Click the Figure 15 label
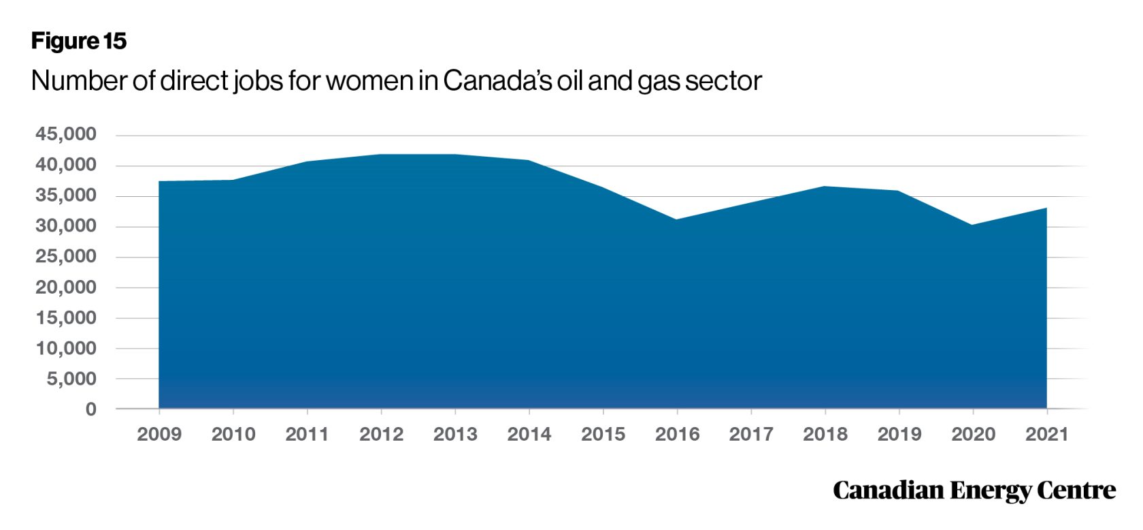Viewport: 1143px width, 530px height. point(79,41)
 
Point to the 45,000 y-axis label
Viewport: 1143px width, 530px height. point(66,134)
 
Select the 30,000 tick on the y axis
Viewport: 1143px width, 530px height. point(66,226)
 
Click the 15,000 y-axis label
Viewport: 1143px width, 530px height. point(66,317)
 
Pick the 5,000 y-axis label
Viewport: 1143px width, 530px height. point(71,379)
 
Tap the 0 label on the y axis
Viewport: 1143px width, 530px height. point(91,409)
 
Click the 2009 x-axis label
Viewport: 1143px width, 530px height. point(159,434)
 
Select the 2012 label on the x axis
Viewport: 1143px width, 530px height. point(381,434)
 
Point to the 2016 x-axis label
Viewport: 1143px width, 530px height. point(677,434)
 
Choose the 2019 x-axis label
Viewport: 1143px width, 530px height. point(899,434)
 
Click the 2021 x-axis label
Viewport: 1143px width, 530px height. point(1046,434)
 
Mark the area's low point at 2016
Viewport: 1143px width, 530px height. point(677,219)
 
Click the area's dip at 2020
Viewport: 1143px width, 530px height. point(972,225)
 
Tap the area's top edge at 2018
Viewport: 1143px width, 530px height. point(825,187)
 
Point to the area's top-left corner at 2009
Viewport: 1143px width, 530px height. point(160,182)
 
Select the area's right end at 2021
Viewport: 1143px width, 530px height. point(1046,208)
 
